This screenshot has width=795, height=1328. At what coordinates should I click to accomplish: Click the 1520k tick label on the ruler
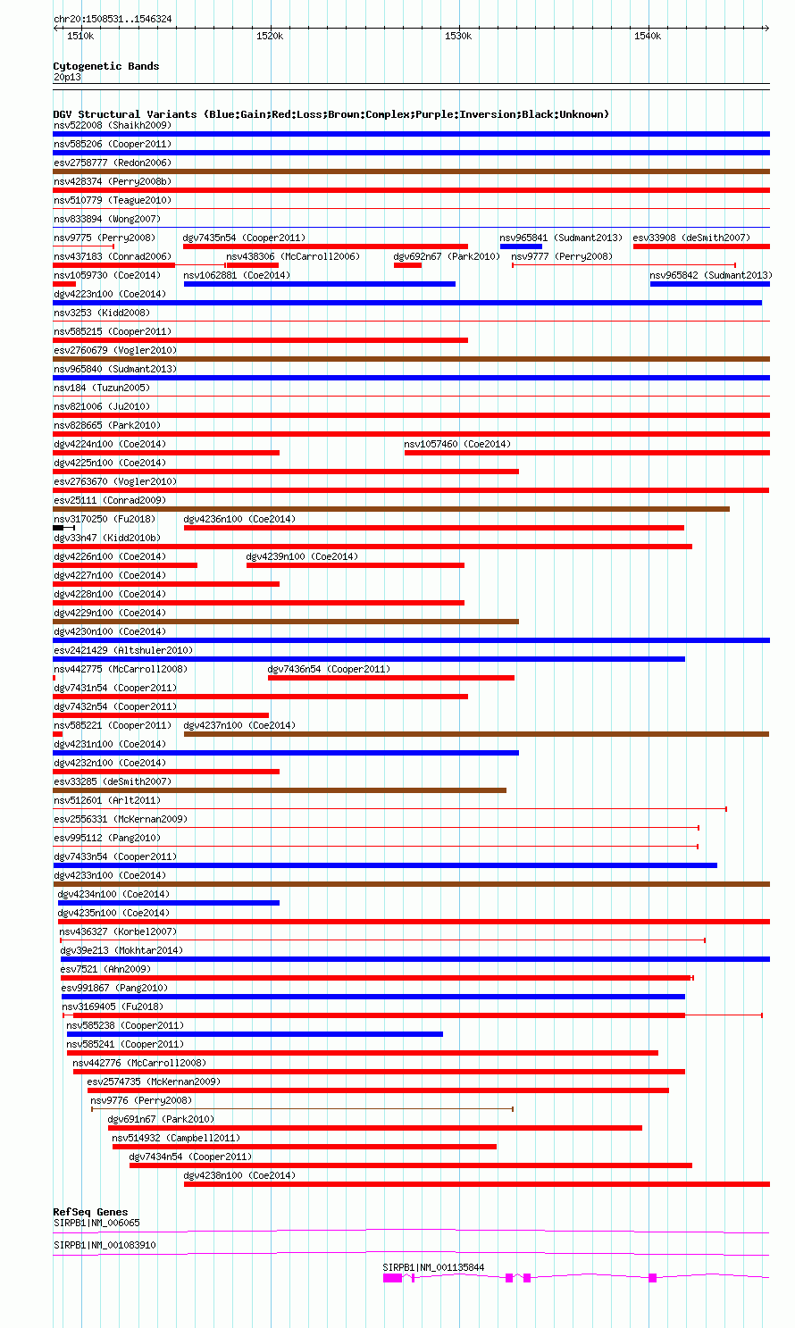[x=269, y=37]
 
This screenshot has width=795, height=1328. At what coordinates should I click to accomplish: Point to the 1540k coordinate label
[x=647, y=37]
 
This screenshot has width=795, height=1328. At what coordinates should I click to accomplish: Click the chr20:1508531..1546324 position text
[x=113, y=19]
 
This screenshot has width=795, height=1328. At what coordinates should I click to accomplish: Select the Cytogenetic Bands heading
[x=105, y=66]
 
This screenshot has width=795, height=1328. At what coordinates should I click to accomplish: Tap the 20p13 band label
[x=67, y=78]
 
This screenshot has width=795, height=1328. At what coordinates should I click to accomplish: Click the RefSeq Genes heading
[x=90, y=1212]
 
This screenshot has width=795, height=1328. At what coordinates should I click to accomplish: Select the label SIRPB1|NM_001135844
[x=433, y=1267]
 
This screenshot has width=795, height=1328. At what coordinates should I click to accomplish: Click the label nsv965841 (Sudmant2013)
[x=560, y=238]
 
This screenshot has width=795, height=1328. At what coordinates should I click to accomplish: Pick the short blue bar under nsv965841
[x=521, y=246]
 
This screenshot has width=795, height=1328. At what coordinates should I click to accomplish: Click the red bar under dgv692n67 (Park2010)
[x=407, y=265]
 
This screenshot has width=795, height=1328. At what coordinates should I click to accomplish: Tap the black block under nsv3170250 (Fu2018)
[x=58, y=528]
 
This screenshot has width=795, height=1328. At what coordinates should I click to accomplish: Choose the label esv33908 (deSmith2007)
[x=691, y=238]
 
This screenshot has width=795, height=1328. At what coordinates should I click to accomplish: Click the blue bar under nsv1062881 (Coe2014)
[x=319, y=284]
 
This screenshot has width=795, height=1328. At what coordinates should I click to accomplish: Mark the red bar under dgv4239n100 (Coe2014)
[x=355, y=565]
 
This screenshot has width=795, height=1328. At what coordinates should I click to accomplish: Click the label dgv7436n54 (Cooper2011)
[x=329, y=669]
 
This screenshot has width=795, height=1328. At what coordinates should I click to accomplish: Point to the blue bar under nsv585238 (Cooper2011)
[x=255, y=1034]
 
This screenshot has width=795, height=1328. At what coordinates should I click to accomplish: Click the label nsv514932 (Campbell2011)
[x=176, y=1138]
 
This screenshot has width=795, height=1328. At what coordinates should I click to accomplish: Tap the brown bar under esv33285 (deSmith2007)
[x=280, y=790]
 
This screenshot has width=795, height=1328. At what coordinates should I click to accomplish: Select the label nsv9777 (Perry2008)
[x=562, y=256]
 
